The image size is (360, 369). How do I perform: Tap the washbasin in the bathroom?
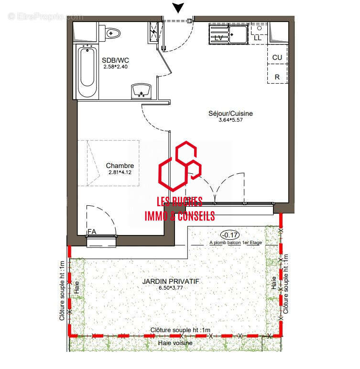[x=142, y=89]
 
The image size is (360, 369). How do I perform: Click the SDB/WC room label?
[x=115, y=60]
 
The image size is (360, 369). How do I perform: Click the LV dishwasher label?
[x=219, y=37]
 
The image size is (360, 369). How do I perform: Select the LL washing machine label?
[x=258, y=37]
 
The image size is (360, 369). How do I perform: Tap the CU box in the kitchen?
[x=277, y=57]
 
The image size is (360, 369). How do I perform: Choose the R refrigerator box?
[x=277, y=77]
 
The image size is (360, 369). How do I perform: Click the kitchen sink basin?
[x=238, y=34]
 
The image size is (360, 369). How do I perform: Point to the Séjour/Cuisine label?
[x=230, y=113]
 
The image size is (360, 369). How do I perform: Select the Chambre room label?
[x=120, y=166]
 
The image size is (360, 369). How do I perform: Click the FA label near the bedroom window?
[x=91, y=232]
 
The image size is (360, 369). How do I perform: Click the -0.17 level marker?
[x=230, y=235]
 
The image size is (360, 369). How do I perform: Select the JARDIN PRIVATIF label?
[x=171, y=281]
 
